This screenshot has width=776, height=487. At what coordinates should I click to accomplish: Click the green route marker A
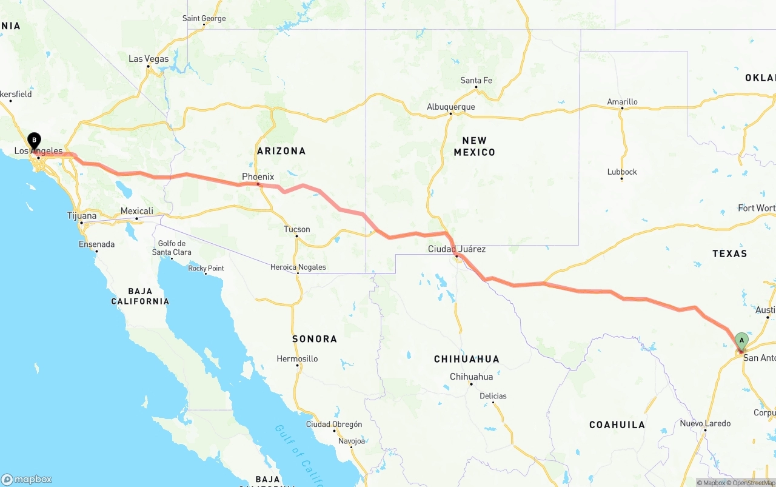(x=741, y=341)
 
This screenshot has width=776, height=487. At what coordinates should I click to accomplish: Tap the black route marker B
(x=35, y=141)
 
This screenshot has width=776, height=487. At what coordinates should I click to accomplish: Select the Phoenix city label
(x=258, y=176)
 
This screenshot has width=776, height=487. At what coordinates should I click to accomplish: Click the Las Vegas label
(x=149, y=59)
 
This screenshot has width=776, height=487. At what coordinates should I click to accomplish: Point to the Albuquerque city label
(x=450, y=107)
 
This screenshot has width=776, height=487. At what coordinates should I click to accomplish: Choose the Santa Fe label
(x=476, y=80)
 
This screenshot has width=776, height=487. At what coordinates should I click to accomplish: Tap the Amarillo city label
(x=622, y=102)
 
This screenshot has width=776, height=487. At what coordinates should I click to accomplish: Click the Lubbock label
(x=622, y=172)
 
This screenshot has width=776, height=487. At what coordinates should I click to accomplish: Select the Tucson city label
(x=296, y=229)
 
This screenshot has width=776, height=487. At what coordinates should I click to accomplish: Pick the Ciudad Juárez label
(x=457, y=249)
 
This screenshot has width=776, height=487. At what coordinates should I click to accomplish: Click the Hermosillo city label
(x=297, y=358)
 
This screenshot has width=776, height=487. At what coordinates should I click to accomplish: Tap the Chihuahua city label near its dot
(x=471, y=377)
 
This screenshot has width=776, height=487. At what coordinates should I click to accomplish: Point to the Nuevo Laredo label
(x=705, y=423)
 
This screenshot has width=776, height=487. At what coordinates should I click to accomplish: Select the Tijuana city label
(x=82, y=216)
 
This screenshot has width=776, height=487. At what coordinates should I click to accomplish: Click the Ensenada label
(x=96, y=244)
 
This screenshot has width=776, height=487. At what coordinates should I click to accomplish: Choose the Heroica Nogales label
(x=298, y=267)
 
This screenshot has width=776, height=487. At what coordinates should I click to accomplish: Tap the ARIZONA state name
(x=281, y=150)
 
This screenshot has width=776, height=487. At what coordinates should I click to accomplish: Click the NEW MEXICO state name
(x=475, y=146)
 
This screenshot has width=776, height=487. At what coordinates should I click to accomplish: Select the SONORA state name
(x=314, y=338)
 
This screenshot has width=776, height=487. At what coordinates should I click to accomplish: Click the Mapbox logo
(x=27, y=479)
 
